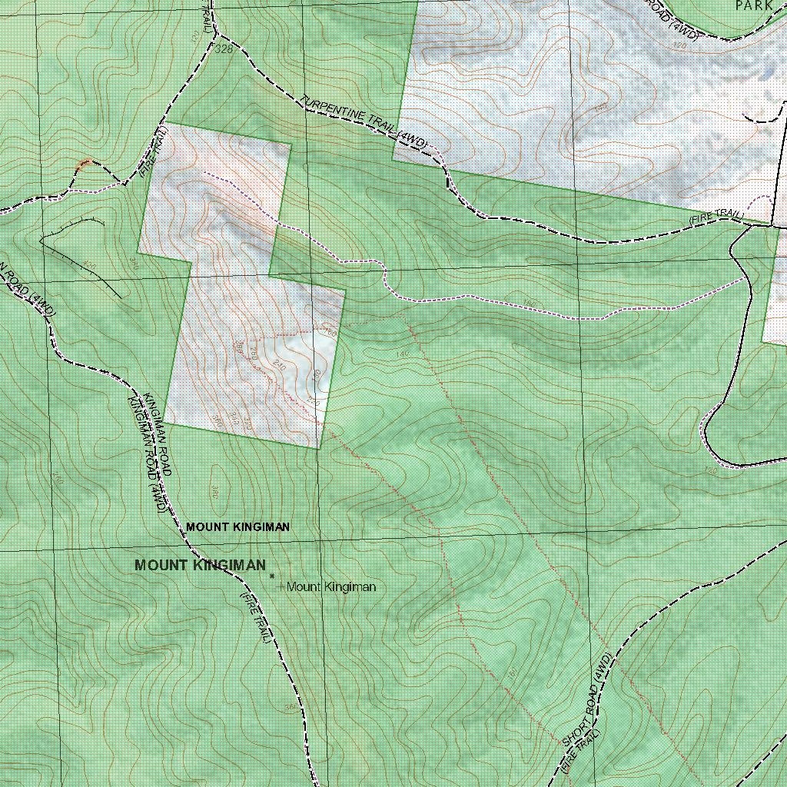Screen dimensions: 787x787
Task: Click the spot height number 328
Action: pos(224,50)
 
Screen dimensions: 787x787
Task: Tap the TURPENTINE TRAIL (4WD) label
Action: pos(364,121)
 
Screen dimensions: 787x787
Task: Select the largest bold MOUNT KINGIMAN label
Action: pos(200,565)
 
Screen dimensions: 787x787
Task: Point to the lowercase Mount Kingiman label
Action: pos(331,587)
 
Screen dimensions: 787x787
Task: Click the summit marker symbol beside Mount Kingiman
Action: pos(272,575)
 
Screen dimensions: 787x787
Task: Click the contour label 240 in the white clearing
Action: pos(279,368)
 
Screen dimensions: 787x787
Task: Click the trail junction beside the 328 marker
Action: pos(214,35)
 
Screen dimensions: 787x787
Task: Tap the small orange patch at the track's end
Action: pos(85,163)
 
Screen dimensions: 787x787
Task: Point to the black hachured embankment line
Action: pos(81,254)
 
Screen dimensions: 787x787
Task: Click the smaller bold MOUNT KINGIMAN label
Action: pos(237,527)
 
